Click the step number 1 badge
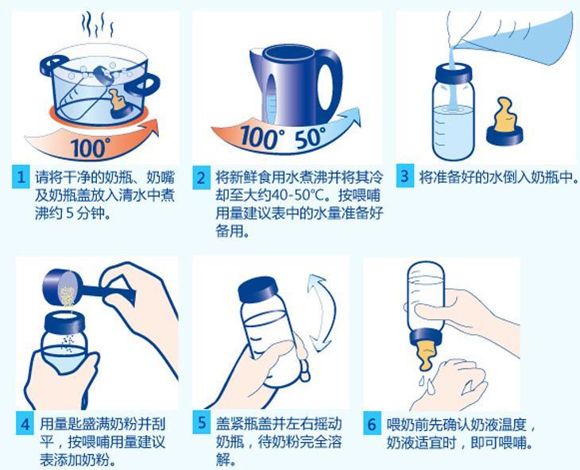(x=21, y=177)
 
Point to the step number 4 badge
(x=25, y=424)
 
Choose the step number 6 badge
(x=371, y=424)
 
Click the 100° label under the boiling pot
(x=90, y=146)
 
